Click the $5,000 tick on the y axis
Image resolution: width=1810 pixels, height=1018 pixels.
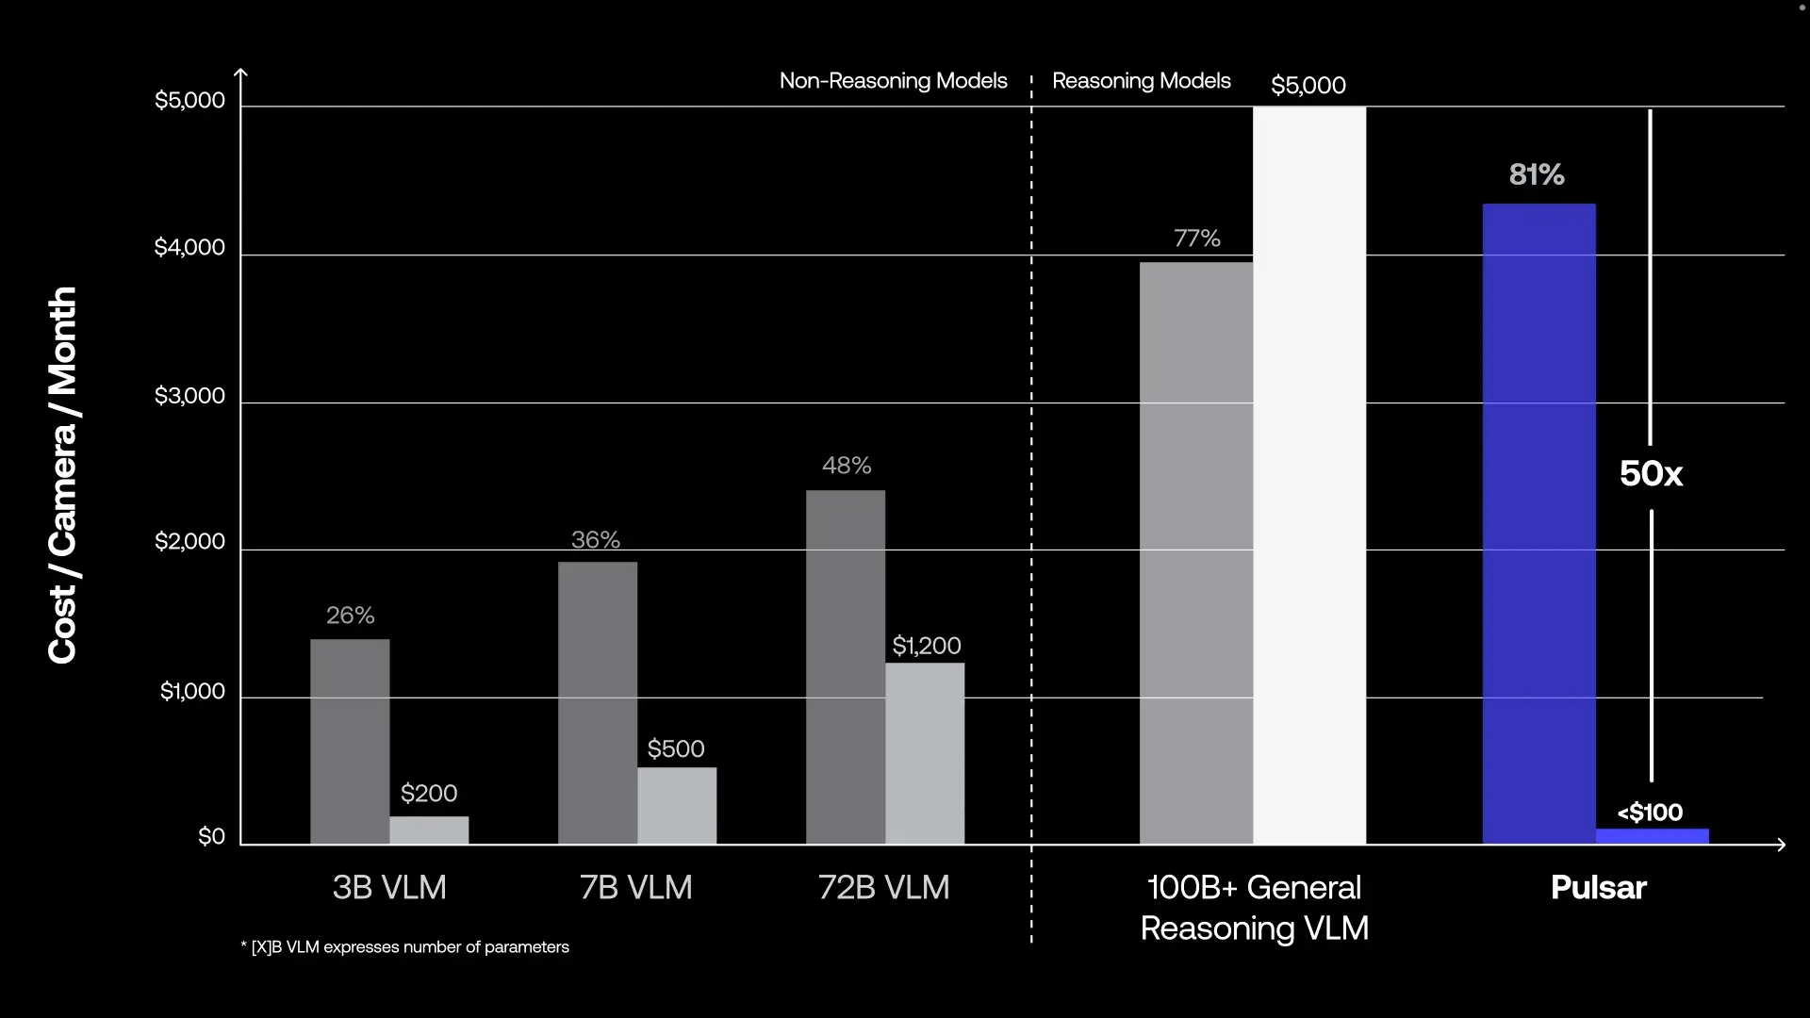pos(189,101)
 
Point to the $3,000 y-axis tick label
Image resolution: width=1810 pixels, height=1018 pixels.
pos(189,396)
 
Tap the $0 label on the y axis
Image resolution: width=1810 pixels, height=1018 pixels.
pos(211,837)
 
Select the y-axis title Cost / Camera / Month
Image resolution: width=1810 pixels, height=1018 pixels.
pos(62,475)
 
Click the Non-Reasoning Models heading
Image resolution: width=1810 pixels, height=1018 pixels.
pos(893,81)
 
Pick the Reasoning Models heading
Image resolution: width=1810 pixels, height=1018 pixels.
pos(1141,81)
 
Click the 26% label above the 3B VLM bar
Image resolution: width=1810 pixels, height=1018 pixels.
pos(350,616)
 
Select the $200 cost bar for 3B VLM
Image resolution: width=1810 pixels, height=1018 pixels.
pos(429,830)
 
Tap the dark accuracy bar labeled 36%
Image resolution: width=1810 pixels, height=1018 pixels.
pos(598,702)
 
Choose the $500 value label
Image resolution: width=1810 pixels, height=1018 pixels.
pos(676,749)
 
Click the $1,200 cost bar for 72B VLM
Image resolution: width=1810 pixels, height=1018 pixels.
pos(925,753)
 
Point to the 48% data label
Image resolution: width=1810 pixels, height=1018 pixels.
pos(847,466)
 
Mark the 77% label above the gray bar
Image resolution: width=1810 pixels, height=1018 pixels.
pos(1196,238)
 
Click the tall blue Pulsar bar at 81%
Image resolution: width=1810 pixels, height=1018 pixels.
pos(1538,523)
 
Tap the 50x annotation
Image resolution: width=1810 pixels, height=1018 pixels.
pos(1651,474)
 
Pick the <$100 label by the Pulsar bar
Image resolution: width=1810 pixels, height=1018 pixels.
pos(1650,813)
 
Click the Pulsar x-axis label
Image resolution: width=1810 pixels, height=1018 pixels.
pos(1598,888)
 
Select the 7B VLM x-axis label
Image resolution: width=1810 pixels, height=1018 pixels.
pos(636,888)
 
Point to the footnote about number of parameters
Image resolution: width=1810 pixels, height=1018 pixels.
pos(405,947)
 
